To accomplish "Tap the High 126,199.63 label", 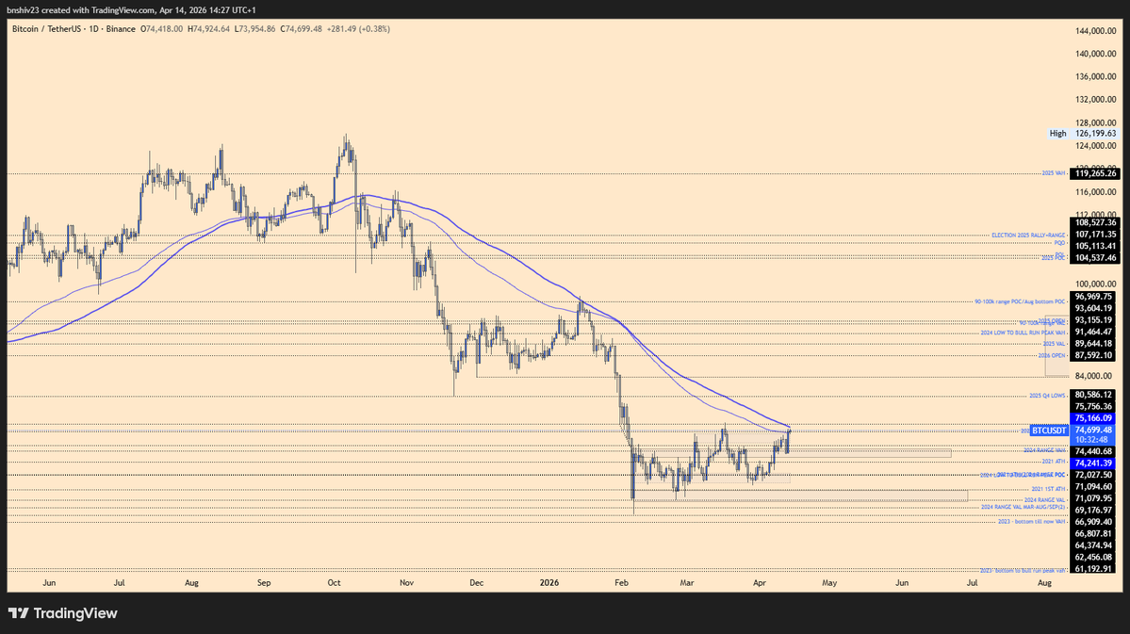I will point(1083,134).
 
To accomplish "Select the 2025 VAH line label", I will point(1053,173).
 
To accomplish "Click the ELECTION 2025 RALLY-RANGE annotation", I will point(1028,235).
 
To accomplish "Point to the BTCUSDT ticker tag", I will point(1048,431).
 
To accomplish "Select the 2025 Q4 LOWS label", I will point(1046,395).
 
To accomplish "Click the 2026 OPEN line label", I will point(1052,355).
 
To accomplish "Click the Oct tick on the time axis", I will point(335,583).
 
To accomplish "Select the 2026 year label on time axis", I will point(549,583).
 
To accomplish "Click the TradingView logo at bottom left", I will point(63,613).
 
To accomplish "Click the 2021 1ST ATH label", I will point(1049,490).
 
